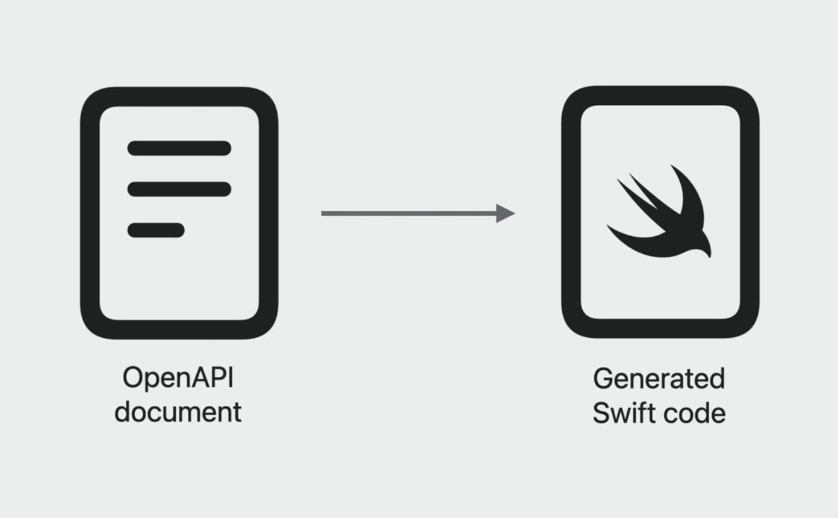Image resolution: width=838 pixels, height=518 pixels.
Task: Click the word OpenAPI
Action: (178, 379)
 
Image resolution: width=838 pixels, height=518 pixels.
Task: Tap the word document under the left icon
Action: (178, 412)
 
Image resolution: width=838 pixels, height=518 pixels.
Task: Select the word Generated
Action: (659, 379)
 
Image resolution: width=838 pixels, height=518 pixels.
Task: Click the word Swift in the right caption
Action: (624, 412)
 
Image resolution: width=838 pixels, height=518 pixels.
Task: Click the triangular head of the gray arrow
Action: (506, 213)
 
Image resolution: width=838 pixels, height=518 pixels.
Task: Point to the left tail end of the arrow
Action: (321, 213)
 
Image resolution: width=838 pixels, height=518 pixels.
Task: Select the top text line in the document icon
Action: (179, 148)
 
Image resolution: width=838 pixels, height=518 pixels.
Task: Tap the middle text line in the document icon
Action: (179, 189)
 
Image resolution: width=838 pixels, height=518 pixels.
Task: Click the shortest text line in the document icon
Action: (156, 230)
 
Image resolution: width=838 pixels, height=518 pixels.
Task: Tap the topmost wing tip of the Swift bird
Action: (671, 166)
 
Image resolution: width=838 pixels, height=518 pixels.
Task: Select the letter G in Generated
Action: (604, 379)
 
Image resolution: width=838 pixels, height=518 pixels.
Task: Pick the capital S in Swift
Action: (602, 412)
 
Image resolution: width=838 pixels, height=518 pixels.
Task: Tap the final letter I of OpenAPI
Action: (232, 377)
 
